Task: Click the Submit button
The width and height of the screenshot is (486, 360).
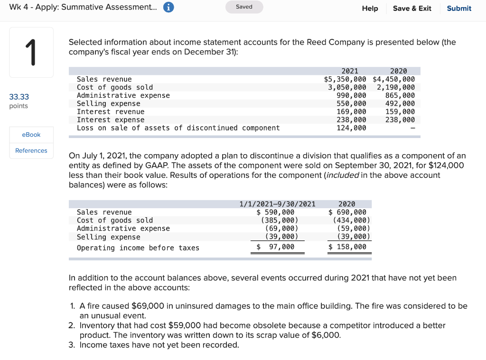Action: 459,8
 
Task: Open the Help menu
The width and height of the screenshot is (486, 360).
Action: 370,8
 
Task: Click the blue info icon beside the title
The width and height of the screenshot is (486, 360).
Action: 168,8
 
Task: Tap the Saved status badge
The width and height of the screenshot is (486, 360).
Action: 244,7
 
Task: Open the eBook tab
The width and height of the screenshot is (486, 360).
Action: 31,135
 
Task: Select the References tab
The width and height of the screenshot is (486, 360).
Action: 31,150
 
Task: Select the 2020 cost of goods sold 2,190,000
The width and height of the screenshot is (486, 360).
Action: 395,87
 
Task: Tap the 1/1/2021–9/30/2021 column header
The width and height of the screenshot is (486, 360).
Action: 277,204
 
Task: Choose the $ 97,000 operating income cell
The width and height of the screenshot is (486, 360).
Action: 276,247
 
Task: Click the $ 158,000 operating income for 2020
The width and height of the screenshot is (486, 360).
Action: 347,247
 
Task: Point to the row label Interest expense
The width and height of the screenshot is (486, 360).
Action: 111,120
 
